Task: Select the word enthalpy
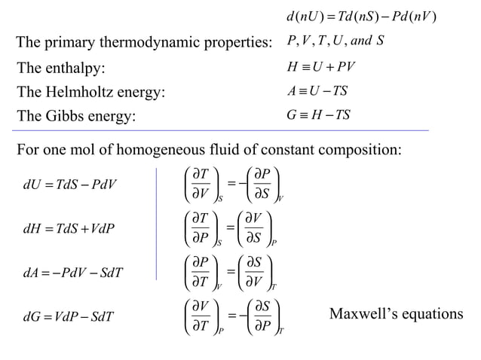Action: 75,69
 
